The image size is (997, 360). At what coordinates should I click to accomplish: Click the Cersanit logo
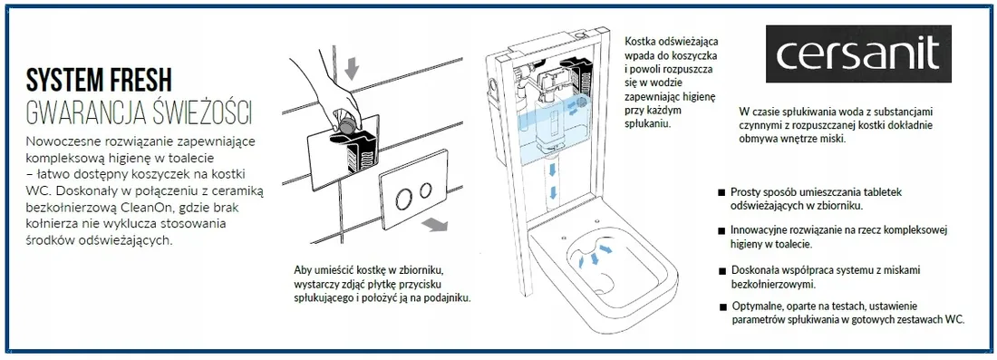click(857, 54)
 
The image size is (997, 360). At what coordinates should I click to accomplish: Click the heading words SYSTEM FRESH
click(99, 82)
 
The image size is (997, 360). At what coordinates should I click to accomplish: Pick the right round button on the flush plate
click(425, 190)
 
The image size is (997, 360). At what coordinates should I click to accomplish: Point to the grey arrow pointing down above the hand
click(352, 67)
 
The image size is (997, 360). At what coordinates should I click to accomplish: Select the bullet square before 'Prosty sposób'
click(721, 192)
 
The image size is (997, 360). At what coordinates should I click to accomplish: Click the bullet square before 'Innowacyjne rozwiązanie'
click(721, 231)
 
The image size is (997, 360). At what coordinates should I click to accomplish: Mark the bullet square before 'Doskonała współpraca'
click(721, 271)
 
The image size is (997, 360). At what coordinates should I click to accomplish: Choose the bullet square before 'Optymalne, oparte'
click(723, 307)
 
